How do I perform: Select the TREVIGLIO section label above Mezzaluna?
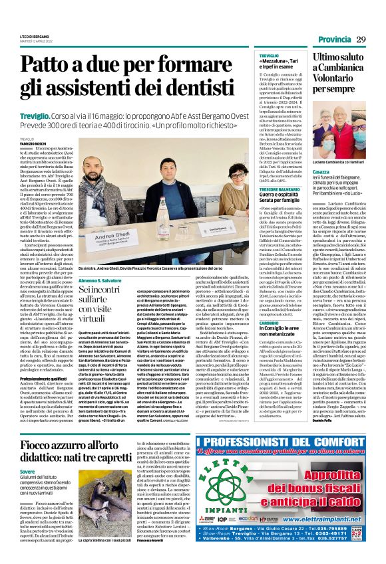click(269, 56)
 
